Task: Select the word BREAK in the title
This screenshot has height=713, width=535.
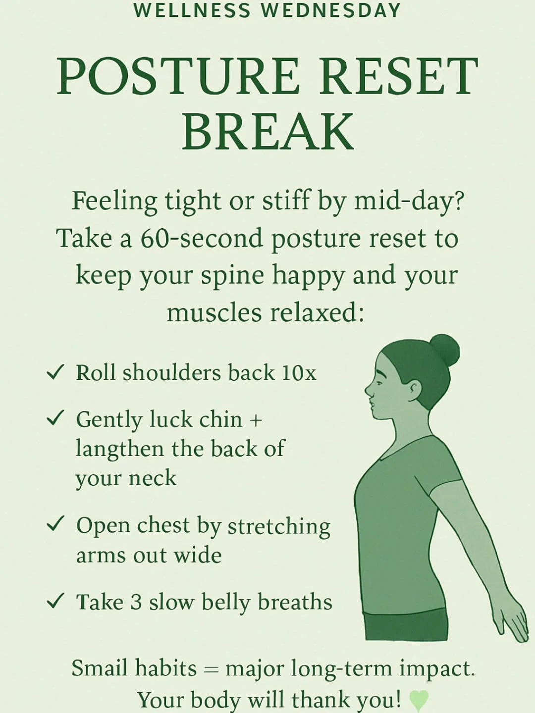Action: click(268, 132)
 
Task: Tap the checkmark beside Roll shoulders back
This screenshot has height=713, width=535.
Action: click(55, 372)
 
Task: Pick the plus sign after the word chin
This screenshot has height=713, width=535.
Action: click(256, 420)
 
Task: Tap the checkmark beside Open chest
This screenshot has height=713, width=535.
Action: click(55, 524)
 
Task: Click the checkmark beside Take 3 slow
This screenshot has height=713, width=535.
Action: click(55, 601)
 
